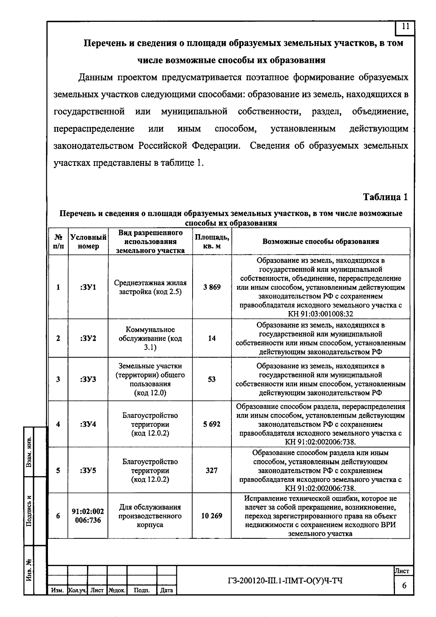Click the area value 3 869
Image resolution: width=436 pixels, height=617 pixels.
coord(212,287)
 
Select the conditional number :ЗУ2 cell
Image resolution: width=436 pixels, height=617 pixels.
coord(88,339)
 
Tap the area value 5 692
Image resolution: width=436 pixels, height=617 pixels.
coord(212,424)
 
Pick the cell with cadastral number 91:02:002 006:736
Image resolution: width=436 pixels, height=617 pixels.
coord(88,516)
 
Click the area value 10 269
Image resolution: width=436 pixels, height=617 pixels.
coord(212,516)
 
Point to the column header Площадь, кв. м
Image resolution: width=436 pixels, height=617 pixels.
coord(212,242)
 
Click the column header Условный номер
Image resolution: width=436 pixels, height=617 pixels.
coord(88,242)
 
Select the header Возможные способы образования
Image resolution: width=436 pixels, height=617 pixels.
coord(320,242)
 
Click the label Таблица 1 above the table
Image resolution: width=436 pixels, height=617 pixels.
coord(385,197)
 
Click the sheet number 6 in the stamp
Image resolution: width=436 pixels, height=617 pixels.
coord(404,586)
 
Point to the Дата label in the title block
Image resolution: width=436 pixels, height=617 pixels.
coord(166,590)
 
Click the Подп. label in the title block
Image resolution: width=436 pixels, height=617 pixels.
coord(142,590)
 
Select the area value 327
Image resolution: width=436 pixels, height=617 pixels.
coord(212,471)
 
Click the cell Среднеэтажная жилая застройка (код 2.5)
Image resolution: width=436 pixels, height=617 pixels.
coord(150,287)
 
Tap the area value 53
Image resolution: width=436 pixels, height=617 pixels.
coord(212,379)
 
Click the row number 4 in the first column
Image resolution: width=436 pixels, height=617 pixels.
coord(58,424)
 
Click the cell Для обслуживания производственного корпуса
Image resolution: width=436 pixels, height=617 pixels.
coord(150,516)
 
